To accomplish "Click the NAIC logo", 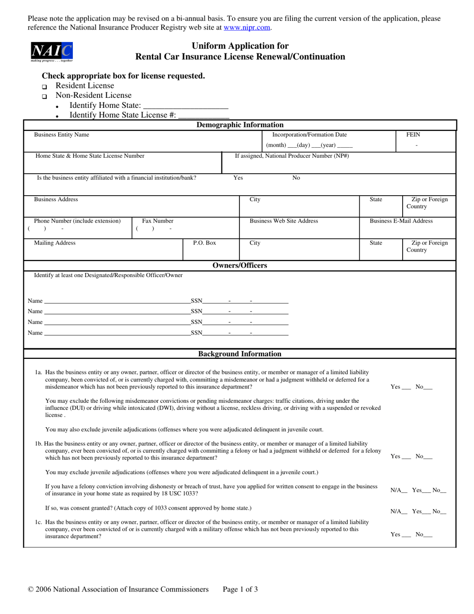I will coord(52,51).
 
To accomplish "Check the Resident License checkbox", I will coord(44,87).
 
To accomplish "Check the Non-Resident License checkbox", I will coord(44,96).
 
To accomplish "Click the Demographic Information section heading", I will coord(240,125).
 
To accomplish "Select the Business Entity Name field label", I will coord(61,135).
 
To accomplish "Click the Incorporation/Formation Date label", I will coord(309,135).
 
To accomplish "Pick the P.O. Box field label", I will coord(205,243).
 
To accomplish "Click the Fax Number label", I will coord(158,221).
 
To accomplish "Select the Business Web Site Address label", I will coord(283,221).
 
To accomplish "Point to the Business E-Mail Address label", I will coord(401,221).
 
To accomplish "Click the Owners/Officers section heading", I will coord(240,266).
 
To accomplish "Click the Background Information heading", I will coord(240,354).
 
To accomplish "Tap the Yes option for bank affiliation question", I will coord(238,178).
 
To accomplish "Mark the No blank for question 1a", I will coord(428,387).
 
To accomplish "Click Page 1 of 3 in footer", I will coord(240,590).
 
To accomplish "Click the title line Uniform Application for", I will coord(240,46).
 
